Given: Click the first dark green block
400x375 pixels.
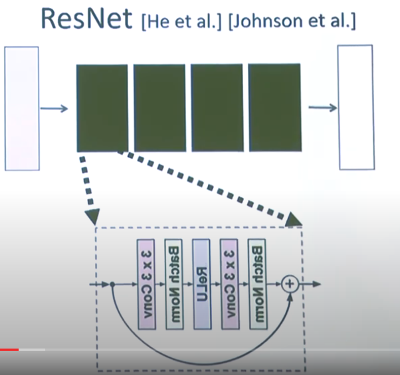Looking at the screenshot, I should (102, 108).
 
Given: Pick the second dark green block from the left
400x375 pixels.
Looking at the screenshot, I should (159, 108).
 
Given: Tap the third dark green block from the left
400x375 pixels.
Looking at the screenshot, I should (216, 108).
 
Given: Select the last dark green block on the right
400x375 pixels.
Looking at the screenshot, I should (274, 108).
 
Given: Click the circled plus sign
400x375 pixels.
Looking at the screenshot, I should (290, 284).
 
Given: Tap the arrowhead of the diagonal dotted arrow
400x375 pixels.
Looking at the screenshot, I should (294, 218).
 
